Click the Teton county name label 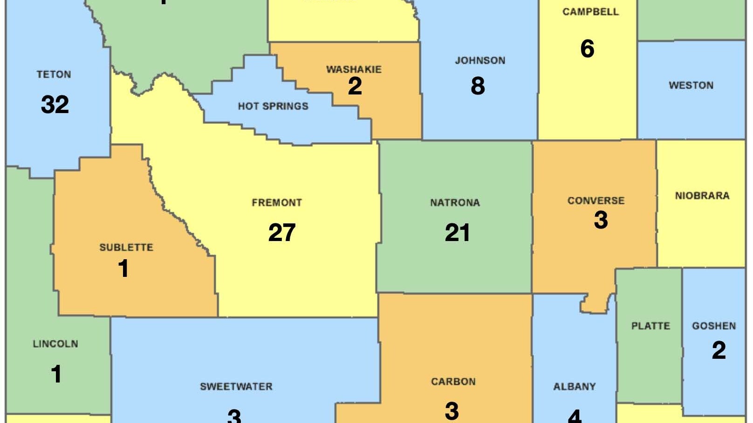(x=54, y=74)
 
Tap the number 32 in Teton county (x=55, y=104)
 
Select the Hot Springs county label (x=273, y=106)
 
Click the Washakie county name (x=354, y=69)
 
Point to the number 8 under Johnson (x=478, y=86)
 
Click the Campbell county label (x=590, y=12)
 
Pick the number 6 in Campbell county (x=587, y=48)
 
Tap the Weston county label (x=691, y=85)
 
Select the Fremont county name (x=277, y=202)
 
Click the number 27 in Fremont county (x=281, y=232)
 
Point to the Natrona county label (x=455, y=202)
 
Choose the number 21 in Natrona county (x=457, y=232)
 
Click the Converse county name (x=596, y=201)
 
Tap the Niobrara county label (x=702, y=195)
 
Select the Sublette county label (x=126, y=247)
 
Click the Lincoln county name (x=55, y=344)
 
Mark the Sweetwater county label (x=236, y=386)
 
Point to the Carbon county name (x=453, y=382)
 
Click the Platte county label (x=650, y=326)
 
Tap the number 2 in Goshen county (x=719, y=350)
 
